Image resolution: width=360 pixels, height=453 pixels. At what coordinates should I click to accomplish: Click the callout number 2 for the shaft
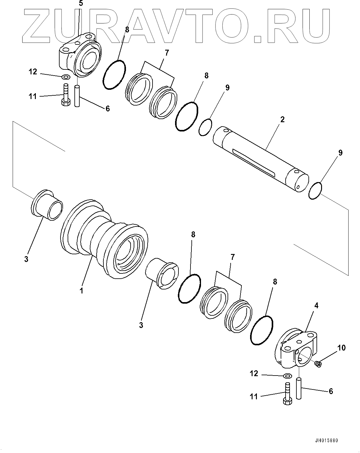(282, 119)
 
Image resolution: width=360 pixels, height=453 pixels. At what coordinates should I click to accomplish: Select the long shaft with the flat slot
(261, 159)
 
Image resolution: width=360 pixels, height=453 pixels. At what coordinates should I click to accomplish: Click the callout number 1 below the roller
(82, 290)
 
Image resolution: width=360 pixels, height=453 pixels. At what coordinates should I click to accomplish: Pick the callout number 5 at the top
(81, 4)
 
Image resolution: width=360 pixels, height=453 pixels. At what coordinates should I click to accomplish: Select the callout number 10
(341, 348)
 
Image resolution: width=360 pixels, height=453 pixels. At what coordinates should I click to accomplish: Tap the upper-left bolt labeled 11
(65, 95)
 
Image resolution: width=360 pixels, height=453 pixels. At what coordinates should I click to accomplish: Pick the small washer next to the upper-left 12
(66, 77)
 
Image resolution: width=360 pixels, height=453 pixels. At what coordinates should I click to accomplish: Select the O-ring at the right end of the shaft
(316, 191)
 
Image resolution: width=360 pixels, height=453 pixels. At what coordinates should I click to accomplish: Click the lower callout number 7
(232, 257)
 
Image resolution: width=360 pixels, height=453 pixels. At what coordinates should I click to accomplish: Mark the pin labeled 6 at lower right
(299, 388)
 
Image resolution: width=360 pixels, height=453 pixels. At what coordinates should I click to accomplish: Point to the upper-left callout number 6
(107, 108)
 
